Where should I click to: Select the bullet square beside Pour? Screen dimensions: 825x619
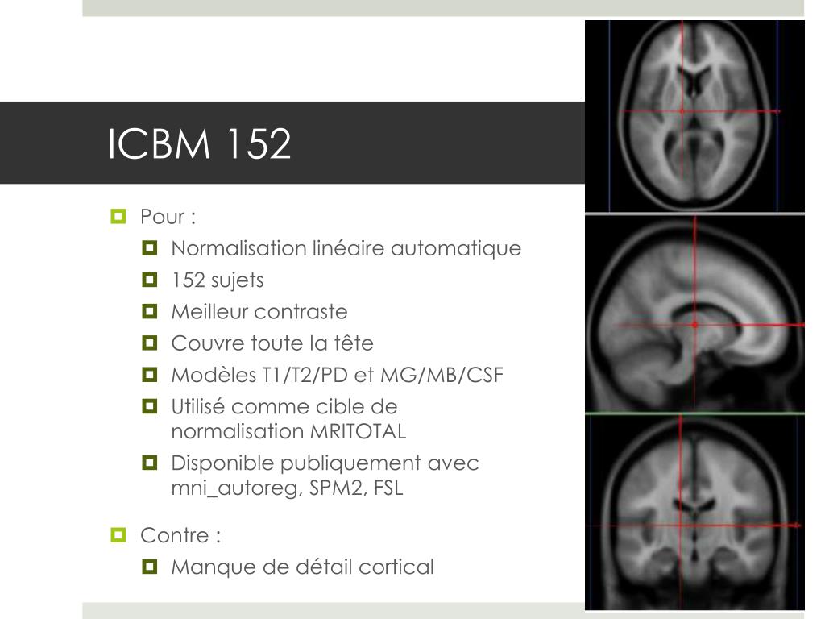pyautogui.click(x=118, y=217)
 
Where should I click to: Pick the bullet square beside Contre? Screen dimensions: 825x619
pyautogui.click(x=118, y=535)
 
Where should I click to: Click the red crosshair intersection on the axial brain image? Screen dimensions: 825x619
pyautogui.click(x=682, y=110)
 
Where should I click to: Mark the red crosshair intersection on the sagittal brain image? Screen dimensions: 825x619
pyautogui.click(x=694, y=325)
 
